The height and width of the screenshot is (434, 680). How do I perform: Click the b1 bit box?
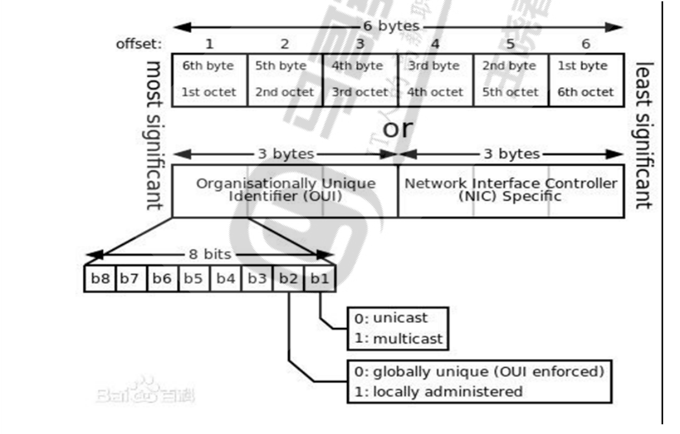point(319,279)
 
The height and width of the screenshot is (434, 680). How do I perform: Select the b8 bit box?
point(100,279)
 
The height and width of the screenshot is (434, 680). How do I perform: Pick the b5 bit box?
point(194,279)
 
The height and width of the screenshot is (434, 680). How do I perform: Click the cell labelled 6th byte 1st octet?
point(209,79)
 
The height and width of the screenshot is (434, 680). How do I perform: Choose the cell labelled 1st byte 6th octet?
point(586,79)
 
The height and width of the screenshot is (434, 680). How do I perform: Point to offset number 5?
point(510,44)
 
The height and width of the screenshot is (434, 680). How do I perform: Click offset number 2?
point(284,44)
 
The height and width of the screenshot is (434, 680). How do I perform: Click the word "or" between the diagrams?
point(397,128)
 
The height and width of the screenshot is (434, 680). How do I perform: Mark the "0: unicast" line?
point(391,318)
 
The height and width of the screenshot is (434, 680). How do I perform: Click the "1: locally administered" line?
point(438,391)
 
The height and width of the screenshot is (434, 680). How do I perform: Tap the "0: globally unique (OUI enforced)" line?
point(479,371)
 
